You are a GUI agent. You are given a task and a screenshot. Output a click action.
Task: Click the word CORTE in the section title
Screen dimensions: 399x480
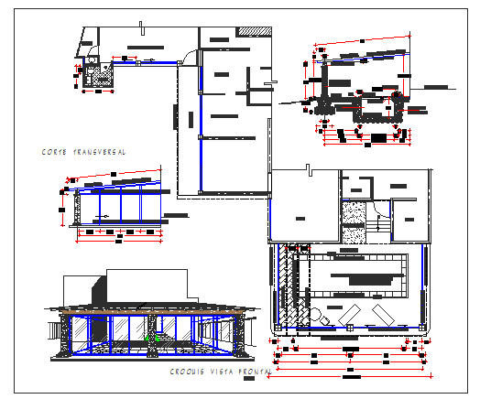coord(54,152)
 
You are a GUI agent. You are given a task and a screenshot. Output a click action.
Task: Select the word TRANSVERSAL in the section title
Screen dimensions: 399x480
coord(100,152)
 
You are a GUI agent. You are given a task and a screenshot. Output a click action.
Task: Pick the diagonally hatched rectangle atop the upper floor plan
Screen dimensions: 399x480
coord(254,32)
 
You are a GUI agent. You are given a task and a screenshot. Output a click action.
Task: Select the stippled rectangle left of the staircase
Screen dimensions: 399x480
coord(353,221)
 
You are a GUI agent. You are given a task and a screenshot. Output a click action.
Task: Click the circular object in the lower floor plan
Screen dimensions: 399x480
coord(315,317)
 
